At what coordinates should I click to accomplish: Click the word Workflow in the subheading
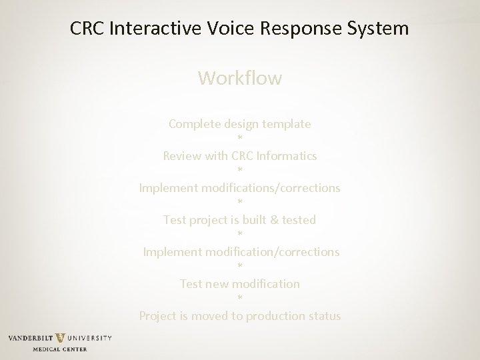240,79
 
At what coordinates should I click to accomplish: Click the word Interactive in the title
149,29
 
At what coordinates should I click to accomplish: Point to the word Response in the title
291,29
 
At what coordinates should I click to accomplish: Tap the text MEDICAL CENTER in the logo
59,349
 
